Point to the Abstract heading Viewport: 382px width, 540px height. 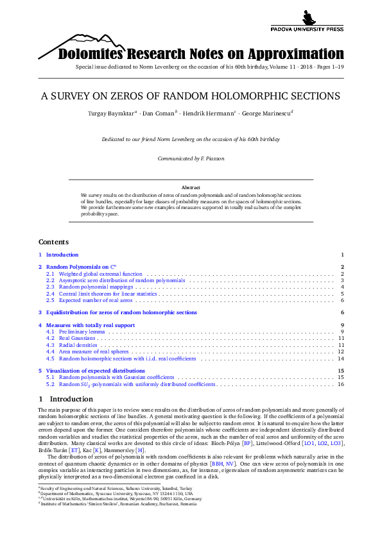pos(191,187)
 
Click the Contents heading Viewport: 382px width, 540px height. pos(53,242)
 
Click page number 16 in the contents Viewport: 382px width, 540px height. pos(342,384)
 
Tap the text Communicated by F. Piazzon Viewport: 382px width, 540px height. pos(191,158)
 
